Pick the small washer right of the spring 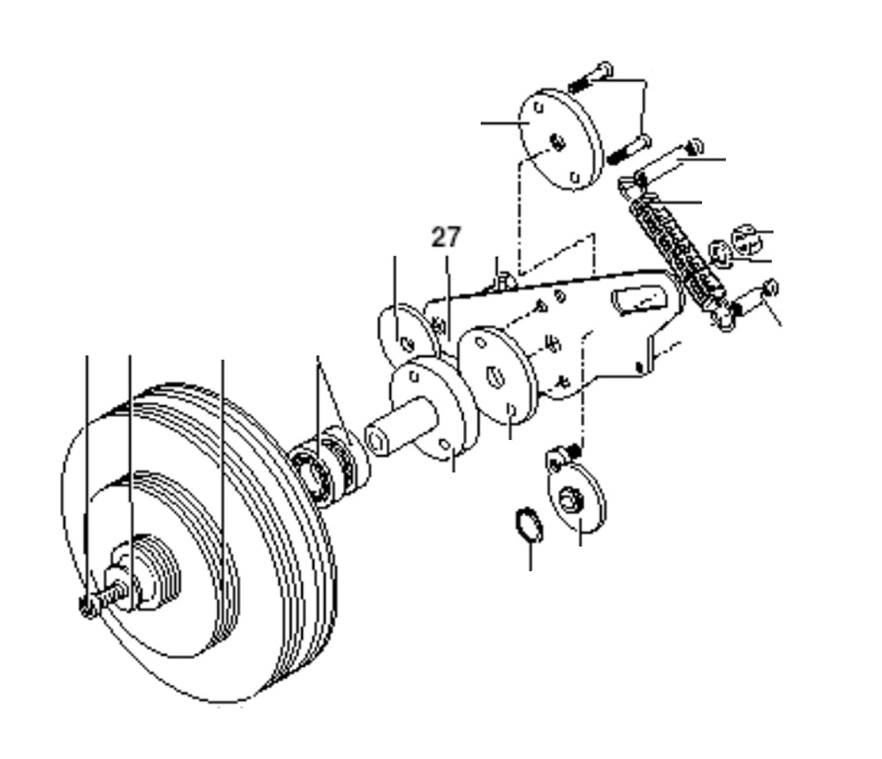[x=720, y=257]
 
